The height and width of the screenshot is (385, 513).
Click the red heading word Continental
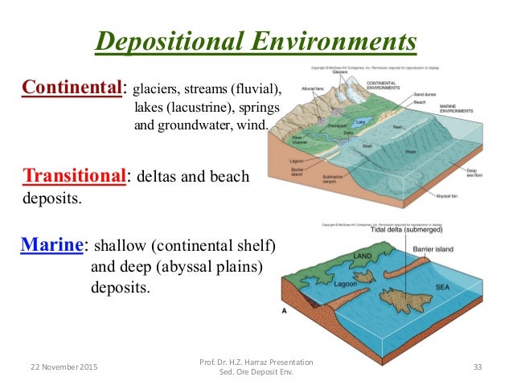(73, 87)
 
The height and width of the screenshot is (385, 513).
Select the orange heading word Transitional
(73, 175)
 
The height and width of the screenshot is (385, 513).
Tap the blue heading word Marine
(52, 244)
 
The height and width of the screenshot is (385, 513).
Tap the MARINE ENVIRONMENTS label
(471, 109)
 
